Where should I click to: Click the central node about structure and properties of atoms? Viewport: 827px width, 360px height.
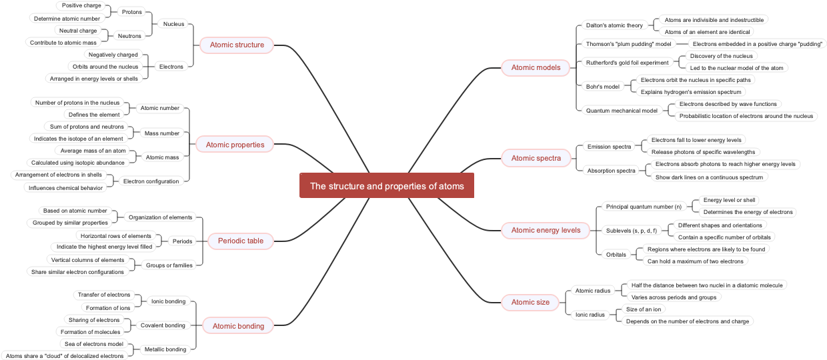click(x=387, y=186)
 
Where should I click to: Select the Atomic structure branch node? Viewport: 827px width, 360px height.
click(x=237, y=45)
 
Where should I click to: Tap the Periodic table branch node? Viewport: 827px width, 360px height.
click(x=241, y=241)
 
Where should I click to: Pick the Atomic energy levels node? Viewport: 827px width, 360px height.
click(x=546, y=230)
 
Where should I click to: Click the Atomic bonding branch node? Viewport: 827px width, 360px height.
click(x=238, y=326)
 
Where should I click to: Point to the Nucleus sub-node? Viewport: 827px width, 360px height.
click(x=173, y=24)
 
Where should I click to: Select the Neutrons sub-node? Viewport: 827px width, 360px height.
click(x=129, y=36)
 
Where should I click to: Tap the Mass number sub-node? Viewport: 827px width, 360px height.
click(x=162, y=133)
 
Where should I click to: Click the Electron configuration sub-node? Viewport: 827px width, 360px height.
click(x=151, y=181)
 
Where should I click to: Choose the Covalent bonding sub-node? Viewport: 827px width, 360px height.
click(x=163, y=325)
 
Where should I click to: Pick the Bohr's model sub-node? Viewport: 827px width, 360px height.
click(x=602, y=87)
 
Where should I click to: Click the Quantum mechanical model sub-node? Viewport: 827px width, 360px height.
click(x=622, y=111)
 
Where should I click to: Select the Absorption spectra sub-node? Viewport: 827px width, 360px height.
click(x=611, y=171)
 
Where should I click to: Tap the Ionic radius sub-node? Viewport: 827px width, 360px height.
click(x=590, y=315)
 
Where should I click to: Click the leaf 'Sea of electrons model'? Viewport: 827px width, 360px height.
click(x=94, y=344)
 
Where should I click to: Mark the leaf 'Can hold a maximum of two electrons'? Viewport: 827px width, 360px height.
click(x=695, y=261)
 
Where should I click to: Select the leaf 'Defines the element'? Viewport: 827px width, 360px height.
click(x=94, y=115)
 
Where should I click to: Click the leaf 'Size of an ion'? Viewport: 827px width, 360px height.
click(x=644, y=309)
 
